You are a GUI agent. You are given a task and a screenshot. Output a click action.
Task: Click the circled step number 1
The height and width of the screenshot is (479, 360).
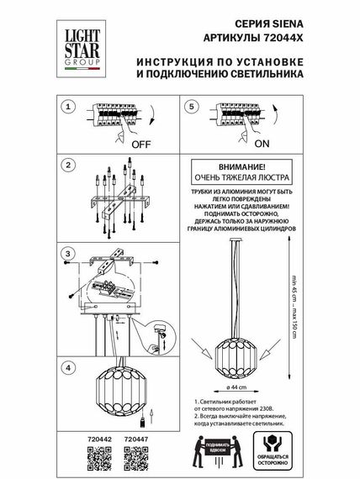[71, 108]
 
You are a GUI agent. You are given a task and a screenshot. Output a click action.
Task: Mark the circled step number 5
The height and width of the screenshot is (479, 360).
[192, 108]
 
